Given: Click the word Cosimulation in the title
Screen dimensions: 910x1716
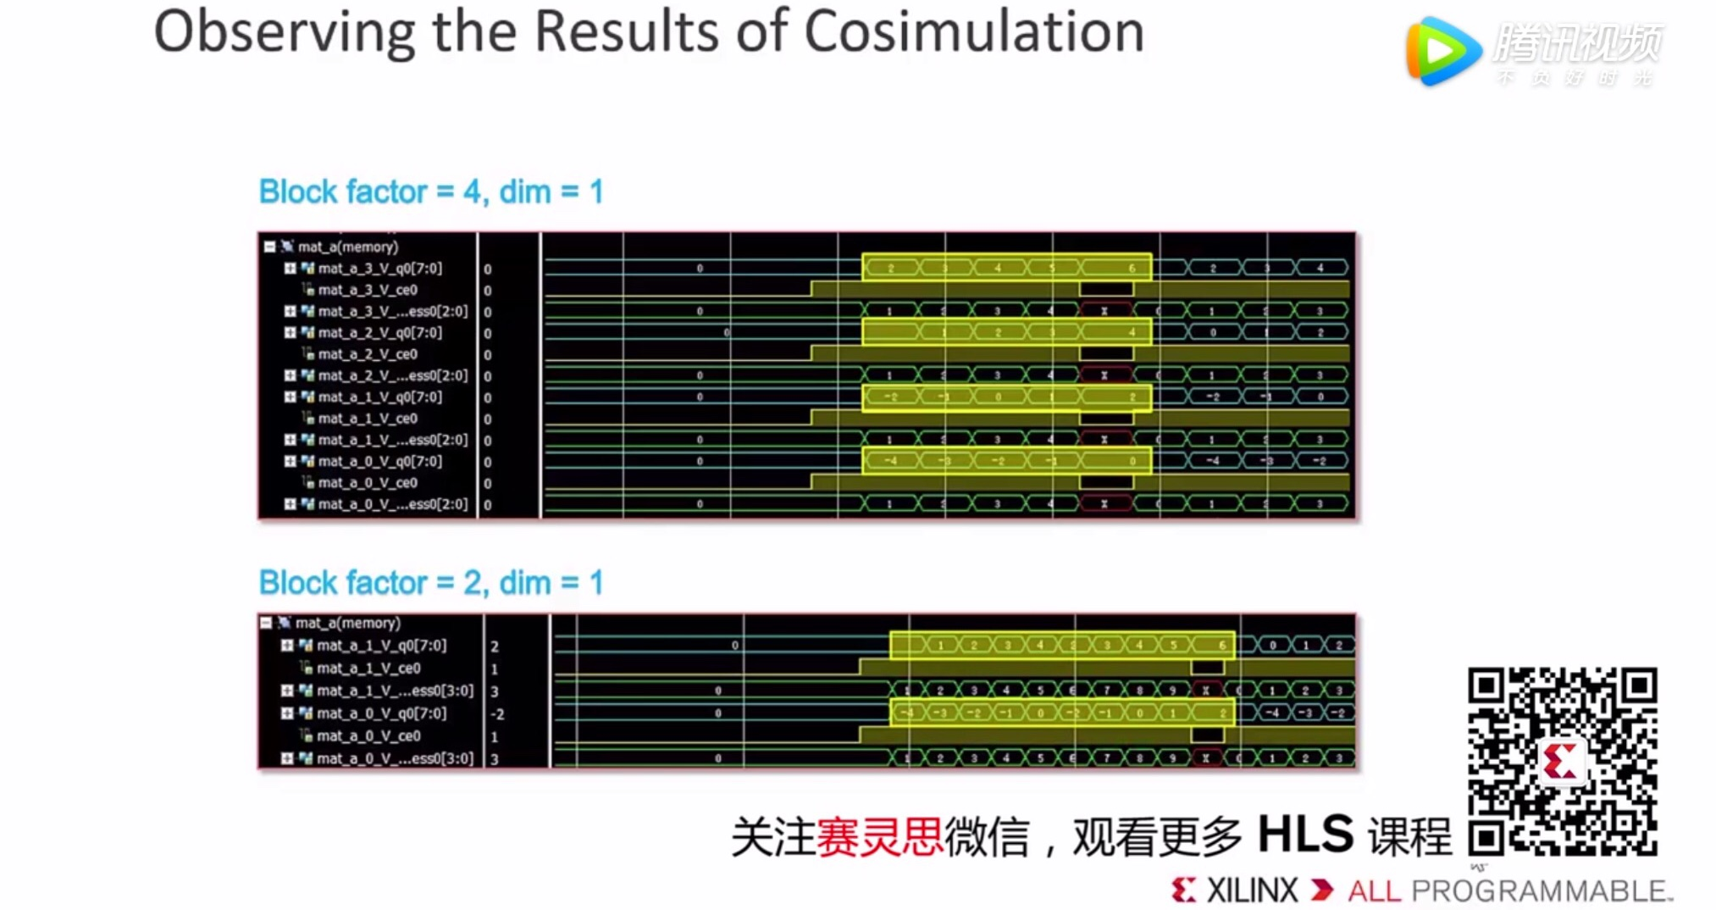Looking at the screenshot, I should [x=973, y=32].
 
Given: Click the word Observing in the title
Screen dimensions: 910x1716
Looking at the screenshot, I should [x=284, y=32].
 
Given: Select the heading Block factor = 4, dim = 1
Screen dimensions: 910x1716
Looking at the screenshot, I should [x=431, y=192].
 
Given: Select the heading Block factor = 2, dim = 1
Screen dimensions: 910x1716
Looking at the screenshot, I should [x=431, y=583].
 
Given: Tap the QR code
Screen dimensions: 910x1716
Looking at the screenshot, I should [x=1562, y=762].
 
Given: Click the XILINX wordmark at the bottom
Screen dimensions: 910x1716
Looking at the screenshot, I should [x=1251, y=891].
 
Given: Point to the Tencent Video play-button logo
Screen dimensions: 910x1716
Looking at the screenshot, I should [x=1442, y=51].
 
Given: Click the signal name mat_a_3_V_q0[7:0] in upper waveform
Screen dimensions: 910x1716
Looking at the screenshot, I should [x=379, y=269].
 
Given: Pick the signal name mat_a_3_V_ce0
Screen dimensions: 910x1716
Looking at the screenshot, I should [x=367, y=290].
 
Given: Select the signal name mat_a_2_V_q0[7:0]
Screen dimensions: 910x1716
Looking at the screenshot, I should [x=379, y=333].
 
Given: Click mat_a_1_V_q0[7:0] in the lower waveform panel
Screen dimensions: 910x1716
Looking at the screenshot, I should [x=381, y=646].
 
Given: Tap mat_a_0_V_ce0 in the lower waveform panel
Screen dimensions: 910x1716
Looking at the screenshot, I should [x=368, y=736].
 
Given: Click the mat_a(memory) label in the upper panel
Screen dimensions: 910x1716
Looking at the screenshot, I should [x=347, y=247].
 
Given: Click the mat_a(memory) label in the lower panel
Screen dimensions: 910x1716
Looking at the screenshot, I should [x=347, y=624].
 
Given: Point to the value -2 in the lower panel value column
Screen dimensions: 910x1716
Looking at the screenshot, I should [x=497, y=714].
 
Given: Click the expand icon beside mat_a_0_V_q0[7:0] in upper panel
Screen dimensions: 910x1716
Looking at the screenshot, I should [x=290, y=462].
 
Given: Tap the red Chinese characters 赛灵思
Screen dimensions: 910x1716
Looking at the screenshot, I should [x=879, y=837].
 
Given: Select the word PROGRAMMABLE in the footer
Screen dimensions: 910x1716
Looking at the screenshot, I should [x=1542, y=891].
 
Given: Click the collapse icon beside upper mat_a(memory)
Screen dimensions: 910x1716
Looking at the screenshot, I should [x=269, y=247].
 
